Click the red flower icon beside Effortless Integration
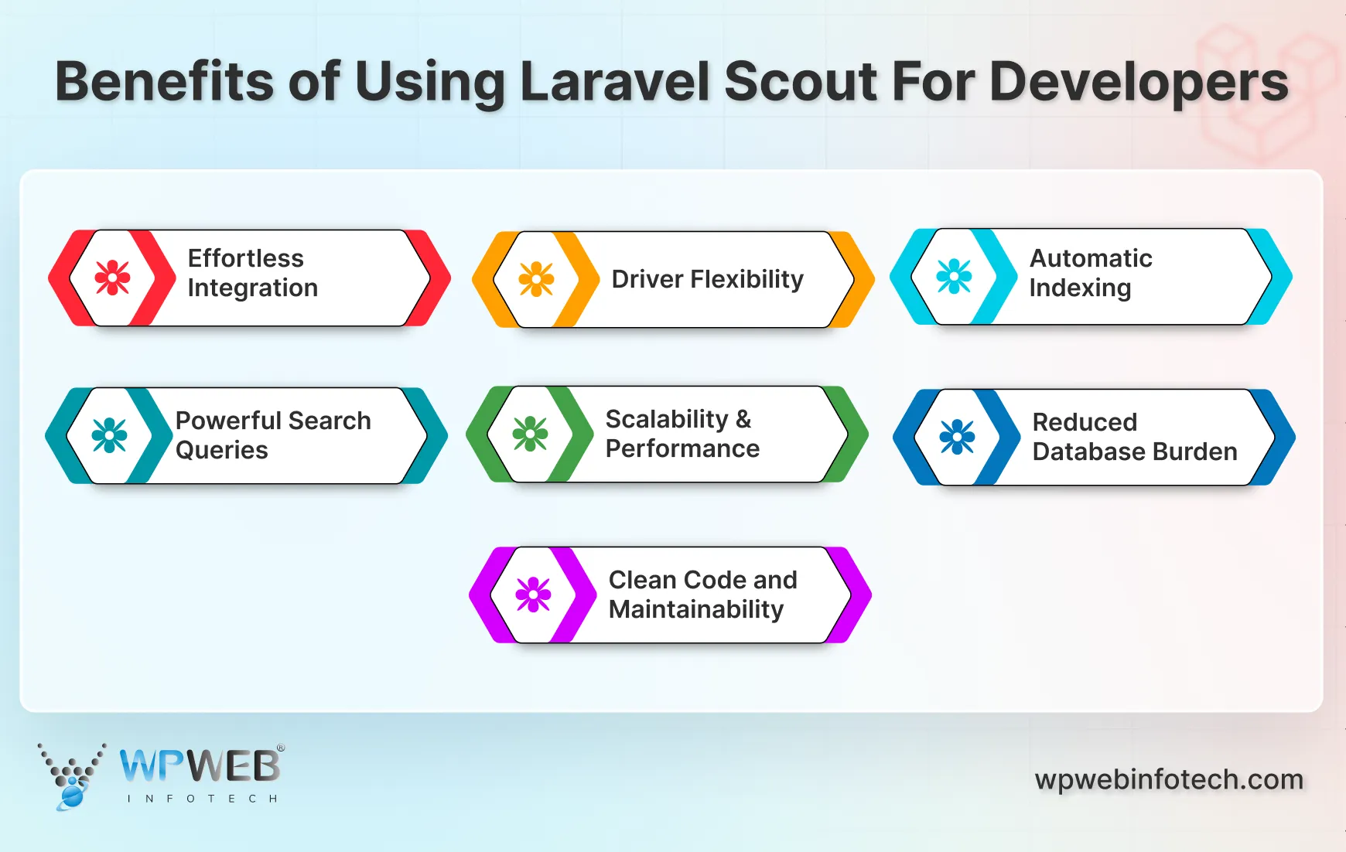pos(113,278)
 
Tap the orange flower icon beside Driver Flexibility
pos(536,279)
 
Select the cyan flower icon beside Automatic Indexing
pos(954,276)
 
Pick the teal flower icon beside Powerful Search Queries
pos(110,435)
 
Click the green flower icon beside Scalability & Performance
pos(530,434)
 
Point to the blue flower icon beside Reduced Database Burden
pos(957,437)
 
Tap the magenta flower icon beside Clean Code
pos(533,595)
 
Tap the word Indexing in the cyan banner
pos(1080,288)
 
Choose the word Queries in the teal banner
pos(222,450)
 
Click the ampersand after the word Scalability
pos(743,419)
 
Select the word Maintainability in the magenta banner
pos(696,610)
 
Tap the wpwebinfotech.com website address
pos(1169,779)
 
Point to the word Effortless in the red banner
pos(245,258)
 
